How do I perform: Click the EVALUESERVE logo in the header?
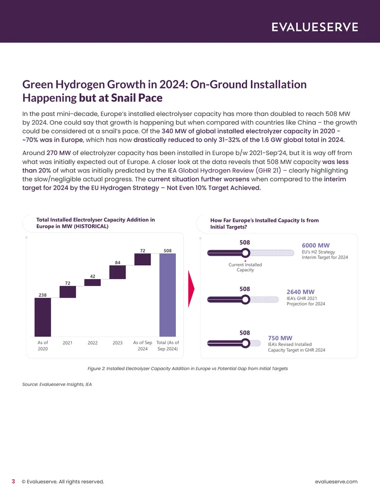314,27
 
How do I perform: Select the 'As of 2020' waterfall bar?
43,317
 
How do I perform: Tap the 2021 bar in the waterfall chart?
68,292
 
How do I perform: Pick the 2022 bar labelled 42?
93,282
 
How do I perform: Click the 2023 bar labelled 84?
118,272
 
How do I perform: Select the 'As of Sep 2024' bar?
142,259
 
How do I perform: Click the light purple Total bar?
168,295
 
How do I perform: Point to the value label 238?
43,295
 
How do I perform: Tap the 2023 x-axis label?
118,343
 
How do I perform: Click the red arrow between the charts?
191,289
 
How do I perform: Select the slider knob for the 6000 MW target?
246,253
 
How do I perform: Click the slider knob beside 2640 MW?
246,299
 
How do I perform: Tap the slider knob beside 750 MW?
246,343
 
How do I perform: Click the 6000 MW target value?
316,245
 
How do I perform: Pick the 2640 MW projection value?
300,292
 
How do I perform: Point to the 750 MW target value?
280,338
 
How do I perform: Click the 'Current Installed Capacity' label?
245,267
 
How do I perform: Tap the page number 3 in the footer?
13,482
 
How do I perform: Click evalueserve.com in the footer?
336,482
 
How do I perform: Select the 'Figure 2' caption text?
188,368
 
